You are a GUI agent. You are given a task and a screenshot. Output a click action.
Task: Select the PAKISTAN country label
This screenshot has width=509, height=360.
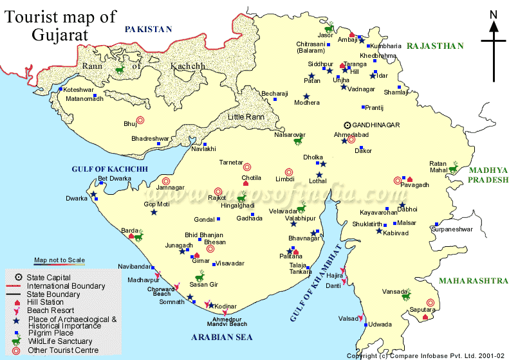149,29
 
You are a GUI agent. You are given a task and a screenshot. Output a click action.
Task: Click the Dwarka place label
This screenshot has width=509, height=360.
76,199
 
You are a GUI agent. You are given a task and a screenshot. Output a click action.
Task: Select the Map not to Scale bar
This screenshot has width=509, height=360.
59,260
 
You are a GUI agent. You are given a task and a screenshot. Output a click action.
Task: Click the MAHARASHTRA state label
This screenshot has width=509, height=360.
473,281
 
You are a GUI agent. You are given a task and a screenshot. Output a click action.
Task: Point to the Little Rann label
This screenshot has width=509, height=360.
246,117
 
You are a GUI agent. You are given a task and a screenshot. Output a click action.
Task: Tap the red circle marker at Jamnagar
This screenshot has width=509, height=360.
166,181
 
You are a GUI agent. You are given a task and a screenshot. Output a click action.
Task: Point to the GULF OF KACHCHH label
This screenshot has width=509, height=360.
110,168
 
